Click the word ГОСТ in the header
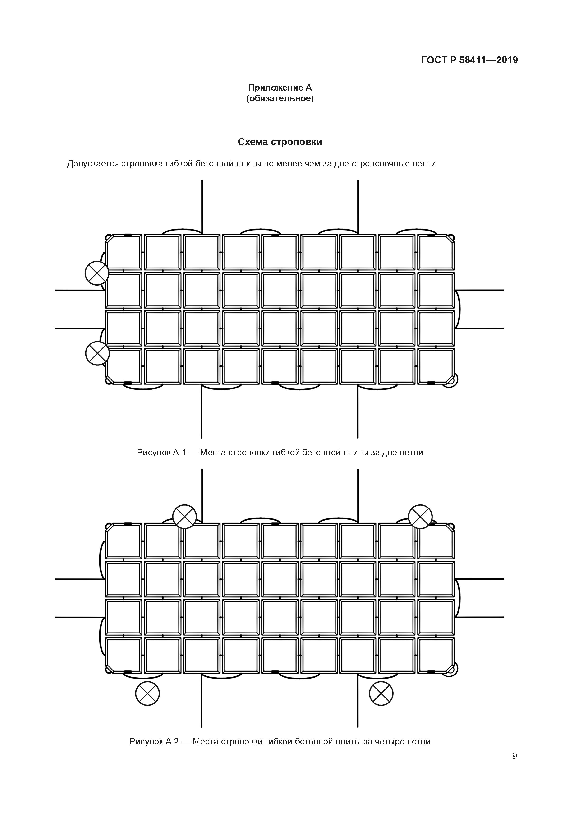click(434, 60)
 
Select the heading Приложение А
click(280, 88)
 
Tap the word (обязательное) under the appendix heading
click(280, 99)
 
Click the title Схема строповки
click(280, 142)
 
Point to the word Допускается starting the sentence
click(92, 164)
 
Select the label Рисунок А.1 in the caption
click(161, 453)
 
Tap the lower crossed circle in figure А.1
click(97, 353)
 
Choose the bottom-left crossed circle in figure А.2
click(147, 693)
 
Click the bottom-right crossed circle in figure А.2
click(381, 693)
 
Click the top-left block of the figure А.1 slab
click(124, 252)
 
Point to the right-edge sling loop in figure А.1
click(458, 309)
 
